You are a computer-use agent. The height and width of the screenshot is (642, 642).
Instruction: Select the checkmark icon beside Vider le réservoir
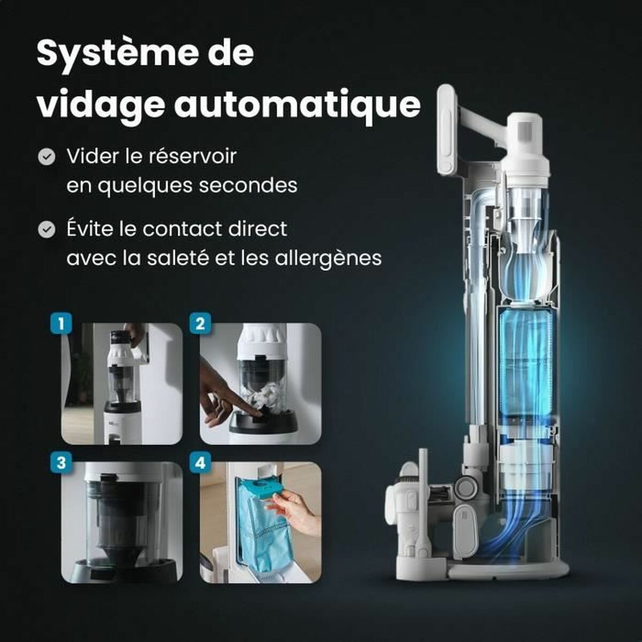(47, 157)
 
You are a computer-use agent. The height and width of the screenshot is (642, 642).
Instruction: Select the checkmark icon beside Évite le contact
(47, 230)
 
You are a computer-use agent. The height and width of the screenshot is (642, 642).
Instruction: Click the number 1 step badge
(61, 324)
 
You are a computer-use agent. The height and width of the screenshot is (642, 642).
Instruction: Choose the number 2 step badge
(200, 324)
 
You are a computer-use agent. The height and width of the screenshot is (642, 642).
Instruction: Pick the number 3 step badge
(61, 462)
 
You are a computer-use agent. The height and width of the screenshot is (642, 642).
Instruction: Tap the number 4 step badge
(200, 462)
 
